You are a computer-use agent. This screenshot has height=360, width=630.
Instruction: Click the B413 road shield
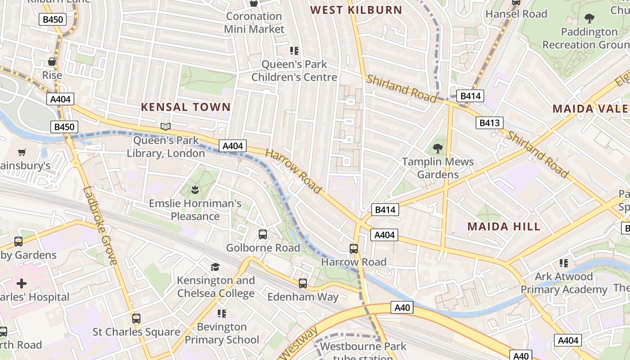click(x=490, y=123)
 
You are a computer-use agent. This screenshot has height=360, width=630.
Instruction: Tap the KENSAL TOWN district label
click(x=186, y=107)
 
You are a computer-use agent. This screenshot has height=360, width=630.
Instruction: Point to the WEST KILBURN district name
click(x=356, y=10)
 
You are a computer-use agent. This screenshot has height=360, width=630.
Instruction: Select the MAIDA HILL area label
click(x=504, y=226)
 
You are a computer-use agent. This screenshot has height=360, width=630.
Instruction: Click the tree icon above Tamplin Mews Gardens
click(x=437, y=148)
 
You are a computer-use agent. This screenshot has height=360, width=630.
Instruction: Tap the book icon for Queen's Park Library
click(x=166, y=127)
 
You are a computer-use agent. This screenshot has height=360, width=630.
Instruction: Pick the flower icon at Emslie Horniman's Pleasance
click(x=195, y=189)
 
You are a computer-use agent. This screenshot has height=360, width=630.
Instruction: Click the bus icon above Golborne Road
click(x=263, y=234)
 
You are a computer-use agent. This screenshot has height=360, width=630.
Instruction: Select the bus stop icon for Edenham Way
click(x=303, y=283)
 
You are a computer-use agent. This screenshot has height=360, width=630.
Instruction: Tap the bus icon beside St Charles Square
click(x=136, y=318)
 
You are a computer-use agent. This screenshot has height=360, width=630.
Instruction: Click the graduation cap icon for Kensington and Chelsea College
click(x=215, y=267)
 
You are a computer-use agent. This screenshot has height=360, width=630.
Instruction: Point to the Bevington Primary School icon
click(x=221, y=313)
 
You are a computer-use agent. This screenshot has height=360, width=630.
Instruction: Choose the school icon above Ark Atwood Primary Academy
click(x=563, y=263)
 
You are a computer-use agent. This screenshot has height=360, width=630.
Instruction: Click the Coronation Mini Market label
click(x=254, y=22)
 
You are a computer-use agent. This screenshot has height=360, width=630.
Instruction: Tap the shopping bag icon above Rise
click(x=52, y=62)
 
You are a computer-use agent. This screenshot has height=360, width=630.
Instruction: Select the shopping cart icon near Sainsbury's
click(x=22, y=153)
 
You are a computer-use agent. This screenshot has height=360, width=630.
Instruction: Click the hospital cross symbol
click(x=21, y=283)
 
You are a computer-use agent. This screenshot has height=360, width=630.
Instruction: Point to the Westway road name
click(x=298, y=344)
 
